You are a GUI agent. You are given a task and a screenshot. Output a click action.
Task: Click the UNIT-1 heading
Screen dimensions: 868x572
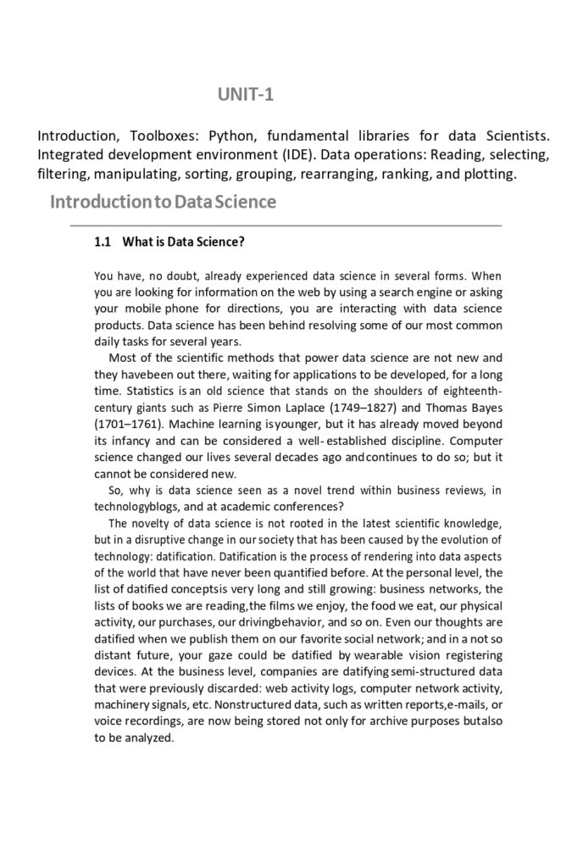coord(246,95)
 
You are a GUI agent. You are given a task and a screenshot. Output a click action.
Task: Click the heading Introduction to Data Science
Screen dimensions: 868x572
coord(163,203)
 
